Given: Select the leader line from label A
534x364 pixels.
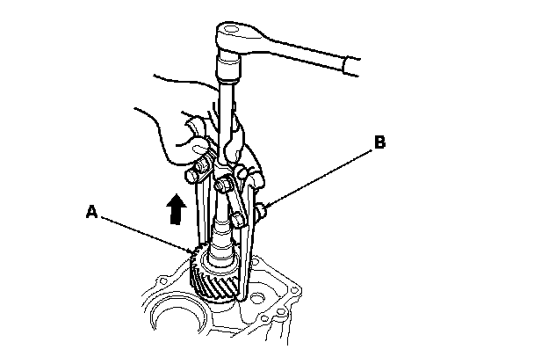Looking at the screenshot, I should coord(145,233).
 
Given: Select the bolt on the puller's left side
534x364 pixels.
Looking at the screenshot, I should coord(203,164).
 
